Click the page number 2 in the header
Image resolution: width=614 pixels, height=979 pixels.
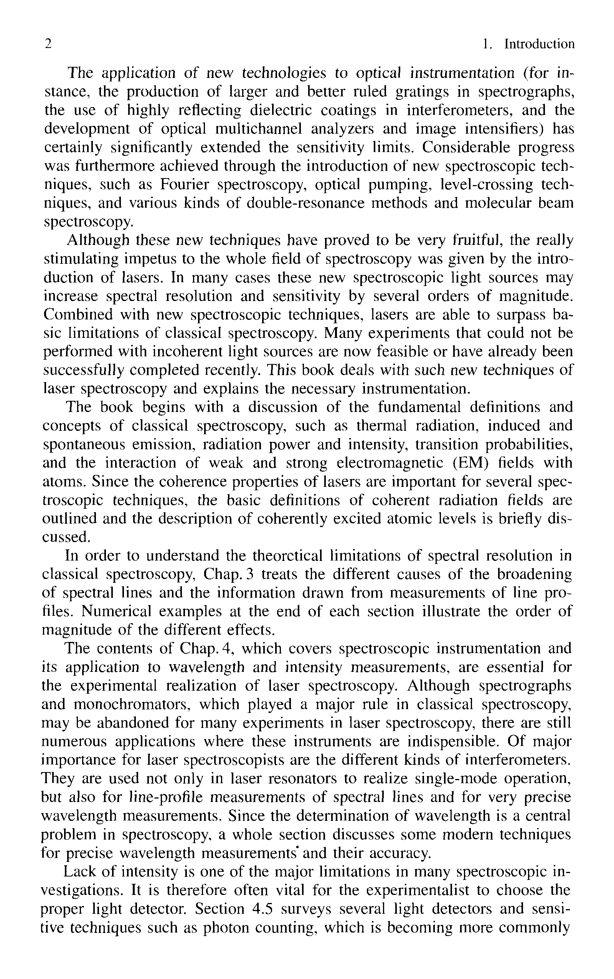click(48, 44)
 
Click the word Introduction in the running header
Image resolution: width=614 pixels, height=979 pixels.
click(539, 44)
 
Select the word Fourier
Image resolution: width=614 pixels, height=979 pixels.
click(184, 184)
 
